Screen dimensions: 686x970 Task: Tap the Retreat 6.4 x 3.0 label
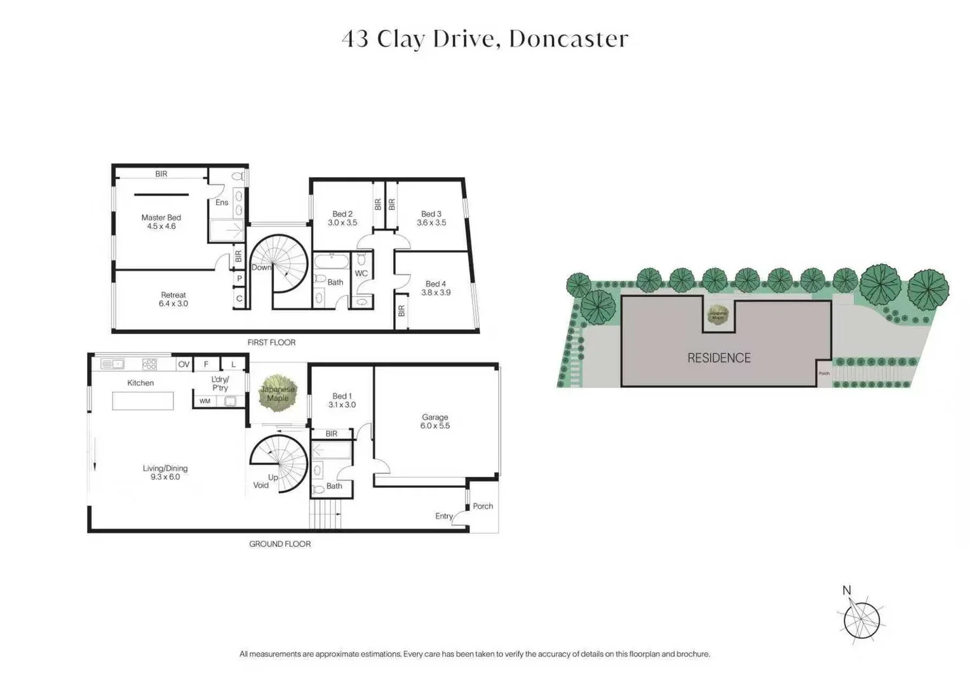tap(173, 299)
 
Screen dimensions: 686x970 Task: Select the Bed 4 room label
tap(436, 288)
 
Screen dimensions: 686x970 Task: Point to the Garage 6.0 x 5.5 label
tap(434, 422)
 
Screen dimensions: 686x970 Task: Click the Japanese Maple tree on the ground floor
tap(278, 394)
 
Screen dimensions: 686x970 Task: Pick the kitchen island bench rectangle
tap(143, 401)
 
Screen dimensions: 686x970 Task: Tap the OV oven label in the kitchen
tap(184, 365)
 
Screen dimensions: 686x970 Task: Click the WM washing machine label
tap(205, 401)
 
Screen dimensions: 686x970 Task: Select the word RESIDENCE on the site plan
tap(718, 358)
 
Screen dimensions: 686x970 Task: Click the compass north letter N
tap(846, 591)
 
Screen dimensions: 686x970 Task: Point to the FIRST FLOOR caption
tap(271, 342)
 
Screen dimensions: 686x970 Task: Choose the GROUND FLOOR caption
tap(280, 544)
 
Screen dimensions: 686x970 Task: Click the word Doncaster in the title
tap(569, 39)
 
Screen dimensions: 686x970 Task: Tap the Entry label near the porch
tap(443, 516)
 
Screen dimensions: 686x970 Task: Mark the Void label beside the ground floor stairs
tap(260, 485)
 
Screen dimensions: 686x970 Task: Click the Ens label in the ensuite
tap(222, 203)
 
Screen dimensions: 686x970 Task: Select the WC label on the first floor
tap(361, 274)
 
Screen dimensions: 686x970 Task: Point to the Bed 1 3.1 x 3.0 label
tap(342, 400)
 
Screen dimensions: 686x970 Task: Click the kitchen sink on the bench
tap(112, 364)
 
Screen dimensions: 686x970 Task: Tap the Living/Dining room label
tap(165, 473)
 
